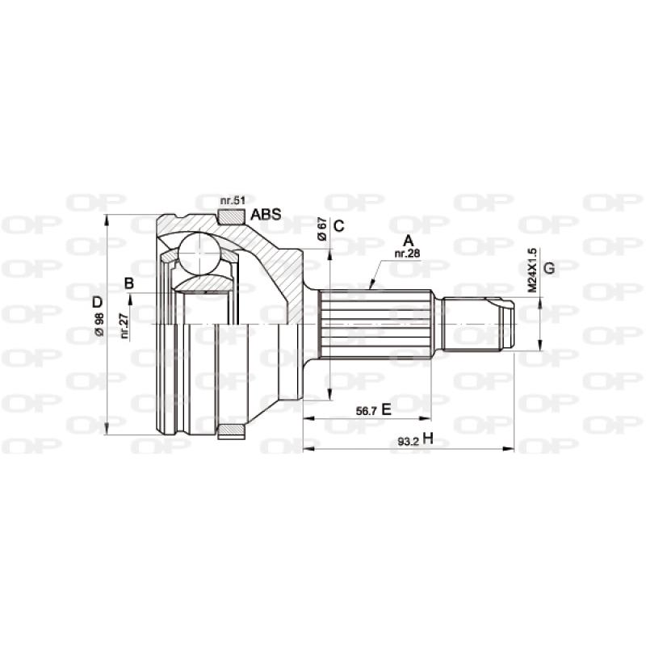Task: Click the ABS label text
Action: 265,215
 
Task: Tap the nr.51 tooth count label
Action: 233,200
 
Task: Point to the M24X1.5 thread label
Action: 532,270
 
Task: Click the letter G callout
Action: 548,268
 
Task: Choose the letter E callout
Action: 386,410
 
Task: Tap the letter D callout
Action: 98,302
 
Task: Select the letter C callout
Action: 339,226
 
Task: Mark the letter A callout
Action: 409,241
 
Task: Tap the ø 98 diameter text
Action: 99,325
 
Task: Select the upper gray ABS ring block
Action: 232,216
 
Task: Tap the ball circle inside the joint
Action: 199,254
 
